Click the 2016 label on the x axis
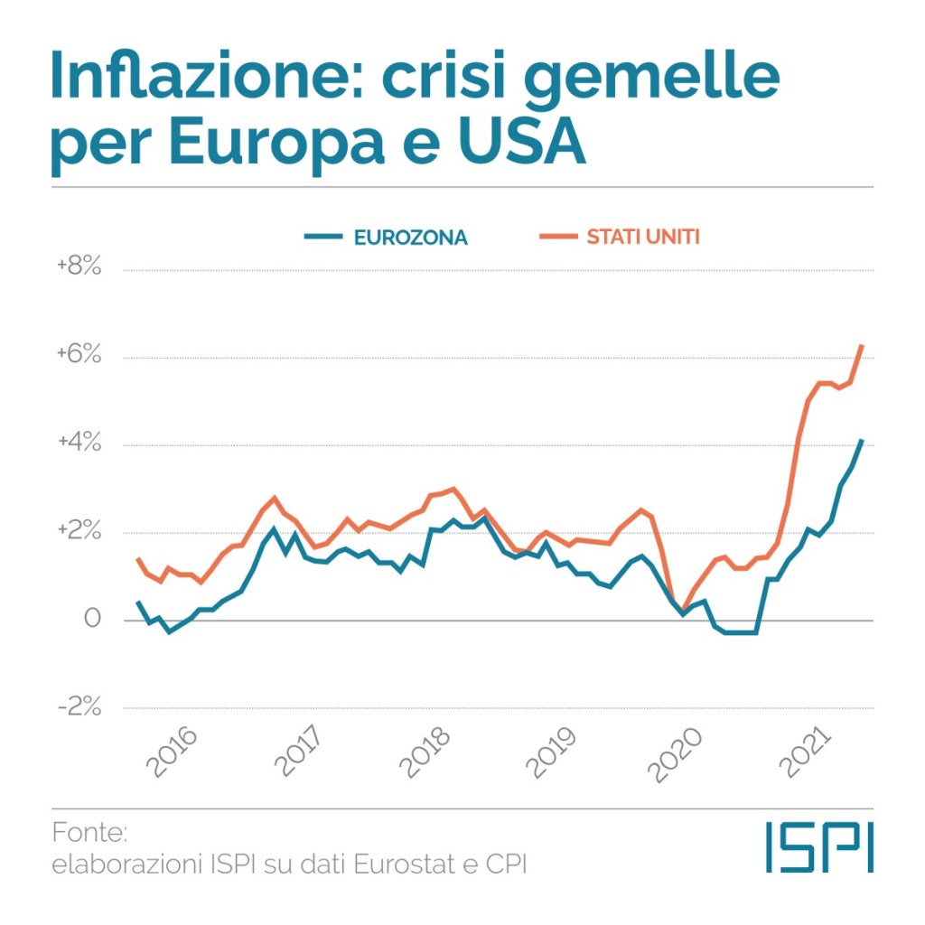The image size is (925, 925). pyautogui.click(x=173, y=751)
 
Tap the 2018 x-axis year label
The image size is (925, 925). pyautogui.click(x=427, y=751)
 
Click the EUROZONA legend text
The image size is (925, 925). pyautogui.click(x=411, y=238)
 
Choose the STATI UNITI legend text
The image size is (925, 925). pyautogui.click(x=643, y=238)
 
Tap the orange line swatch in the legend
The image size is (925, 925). pyautogui.click(x=556, y=238)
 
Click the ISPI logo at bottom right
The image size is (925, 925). pyautogui.click(x=819, y=846)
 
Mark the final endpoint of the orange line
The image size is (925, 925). pyautogui.click(x=863, y=346)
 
